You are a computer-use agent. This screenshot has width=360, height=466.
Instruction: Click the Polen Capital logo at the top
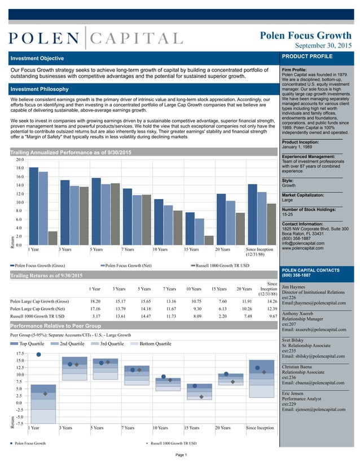[95, 38]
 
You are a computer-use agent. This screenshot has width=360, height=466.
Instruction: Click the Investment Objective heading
[38, 58]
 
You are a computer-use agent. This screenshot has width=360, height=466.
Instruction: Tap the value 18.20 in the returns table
[95, 301]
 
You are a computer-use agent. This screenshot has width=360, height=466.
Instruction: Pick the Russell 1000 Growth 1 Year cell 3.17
[96, 316]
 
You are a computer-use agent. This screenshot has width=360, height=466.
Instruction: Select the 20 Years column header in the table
[244, 289]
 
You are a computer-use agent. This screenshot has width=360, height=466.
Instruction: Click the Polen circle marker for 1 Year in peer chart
[38, 354]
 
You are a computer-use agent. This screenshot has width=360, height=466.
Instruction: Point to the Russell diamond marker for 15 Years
[201, 397]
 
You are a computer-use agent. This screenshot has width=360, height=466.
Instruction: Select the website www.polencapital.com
[302, 248]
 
